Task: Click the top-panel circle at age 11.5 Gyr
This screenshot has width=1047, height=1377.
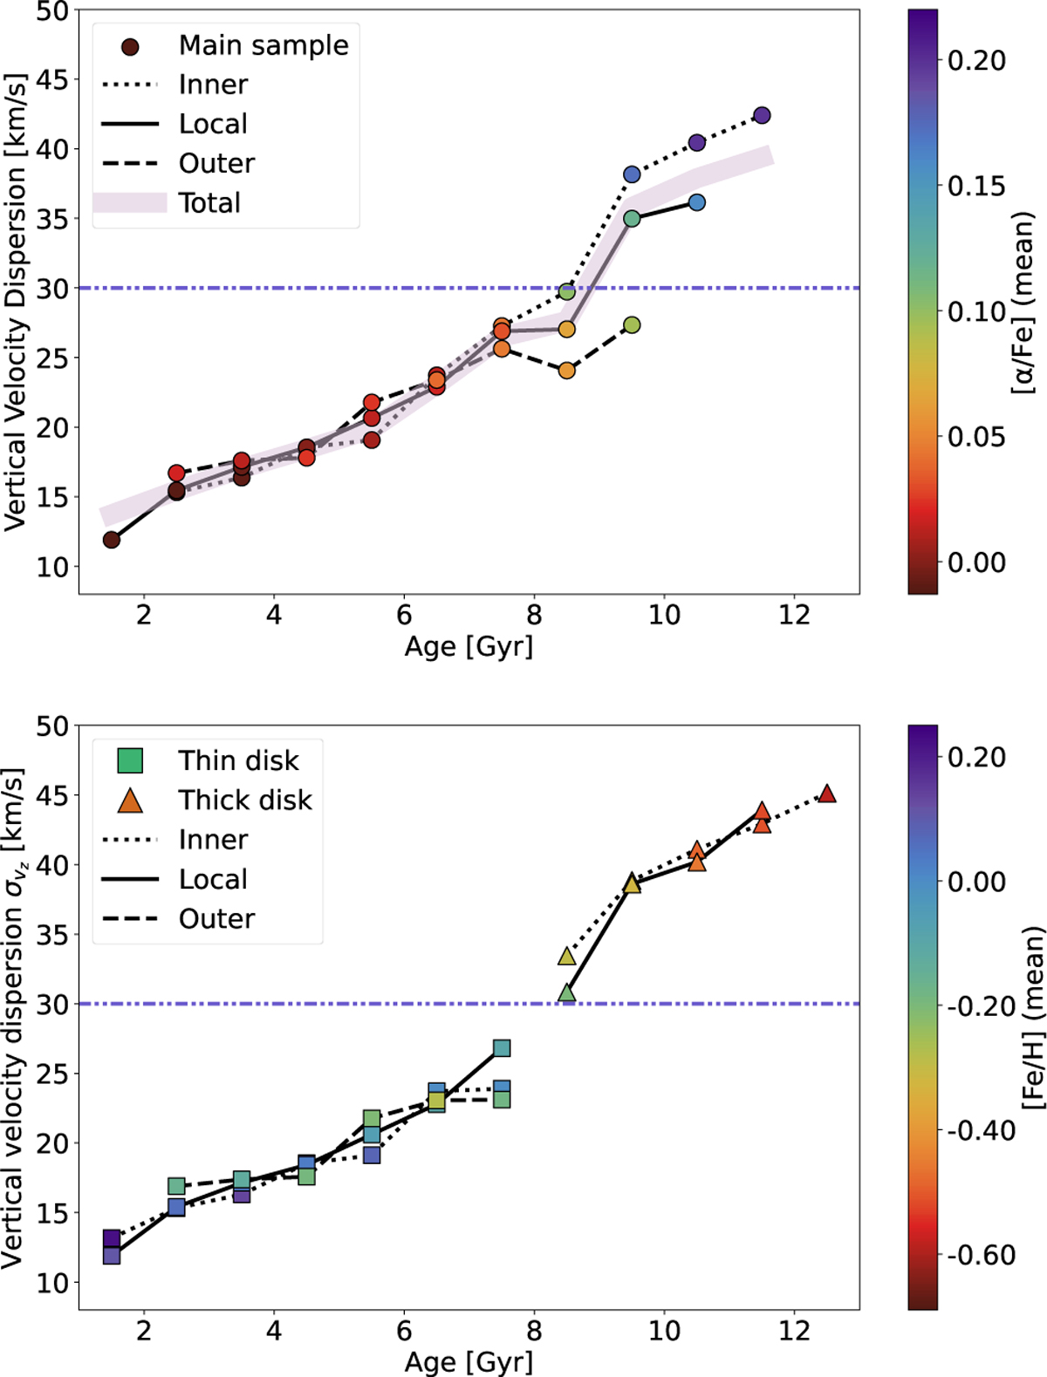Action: point(762,116)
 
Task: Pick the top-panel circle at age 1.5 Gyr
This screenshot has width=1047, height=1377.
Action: point(112,540)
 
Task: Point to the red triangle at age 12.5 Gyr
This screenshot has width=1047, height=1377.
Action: point(827,794)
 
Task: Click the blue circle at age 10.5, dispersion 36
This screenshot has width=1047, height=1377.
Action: point(696,202)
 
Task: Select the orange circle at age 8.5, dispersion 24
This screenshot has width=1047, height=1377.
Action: point(566,371)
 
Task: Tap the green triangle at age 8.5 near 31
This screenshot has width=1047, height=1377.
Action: point(566,993)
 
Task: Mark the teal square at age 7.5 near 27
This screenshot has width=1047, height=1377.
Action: point(502,1048)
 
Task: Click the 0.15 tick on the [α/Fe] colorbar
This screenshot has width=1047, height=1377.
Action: point(975,186)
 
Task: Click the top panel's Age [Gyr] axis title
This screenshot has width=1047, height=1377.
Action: point(469,646)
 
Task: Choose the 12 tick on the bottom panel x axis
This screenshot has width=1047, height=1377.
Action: point(794,1331)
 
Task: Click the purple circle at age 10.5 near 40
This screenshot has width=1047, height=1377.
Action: point(696,142)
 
